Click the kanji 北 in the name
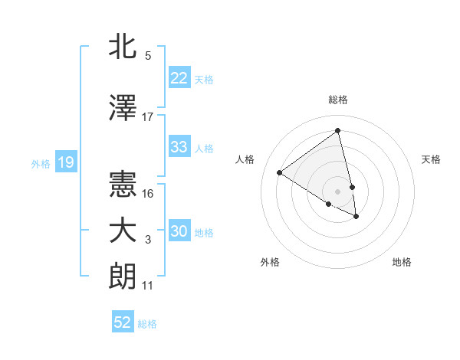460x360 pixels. coord(123,46)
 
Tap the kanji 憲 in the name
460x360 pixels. coord(123,184)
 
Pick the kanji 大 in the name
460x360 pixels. coord(123,231)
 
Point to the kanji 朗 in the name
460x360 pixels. coord(123,276)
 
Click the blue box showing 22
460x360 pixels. coord(179,78)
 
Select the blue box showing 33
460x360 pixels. coord(179,147)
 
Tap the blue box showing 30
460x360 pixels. coord(179,232)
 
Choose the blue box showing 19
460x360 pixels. coord(66,162)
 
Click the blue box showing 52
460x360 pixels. coord(123,322)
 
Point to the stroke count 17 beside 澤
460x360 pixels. coord(148,117)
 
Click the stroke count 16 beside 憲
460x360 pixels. coord(149,194)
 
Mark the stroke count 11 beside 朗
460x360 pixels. coord(148,286)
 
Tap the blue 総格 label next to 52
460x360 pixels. coord(147,324)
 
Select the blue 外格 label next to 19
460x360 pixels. coord(41,163)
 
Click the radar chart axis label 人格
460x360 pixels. coord(245,159)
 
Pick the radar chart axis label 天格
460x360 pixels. coord(432,159)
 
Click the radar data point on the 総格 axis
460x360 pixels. coord(338,130)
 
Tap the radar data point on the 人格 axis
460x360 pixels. coord(280,173)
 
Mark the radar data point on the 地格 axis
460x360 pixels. coord(356,217)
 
